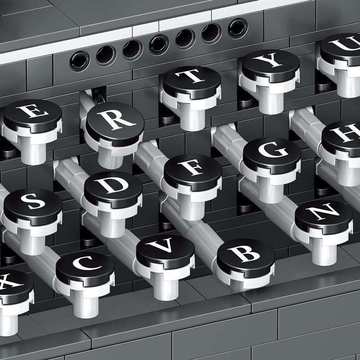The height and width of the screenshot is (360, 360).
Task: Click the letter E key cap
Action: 32,116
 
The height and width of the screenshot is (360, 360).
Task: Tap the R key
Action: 115,124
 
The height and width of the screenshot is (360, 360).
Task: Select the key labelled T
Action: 192,82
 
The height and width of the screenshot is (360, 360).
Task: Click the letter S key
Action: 33,207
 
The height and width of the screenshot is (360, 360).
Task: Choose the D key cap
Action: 113,189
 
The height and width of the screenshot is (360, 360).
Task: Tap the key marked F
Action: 193,172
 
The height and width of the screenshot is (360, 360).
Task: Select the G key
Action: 272,155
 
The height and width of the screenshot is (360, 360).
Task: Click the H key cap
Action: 342,138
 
